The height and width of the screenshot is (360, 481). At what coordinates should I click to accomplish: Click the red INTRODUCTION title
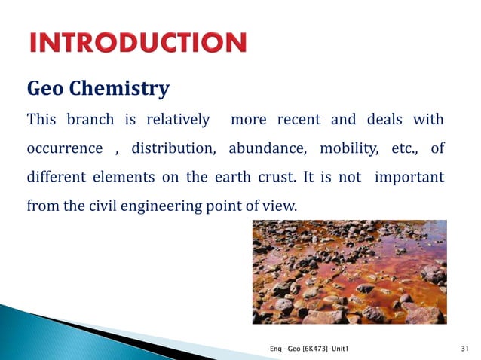point(138,43)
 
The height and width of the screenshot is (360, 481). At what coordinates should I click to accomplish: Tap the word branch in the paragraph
point(90,120)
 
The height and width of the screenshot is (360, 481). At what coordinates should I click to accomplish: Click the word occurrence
point(64,148)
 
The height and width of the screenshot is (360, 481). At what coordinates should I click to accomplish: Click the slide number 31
point(464,347)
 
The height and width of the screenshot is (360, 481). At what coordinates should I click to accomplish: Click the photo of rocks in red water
point(349,272)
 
